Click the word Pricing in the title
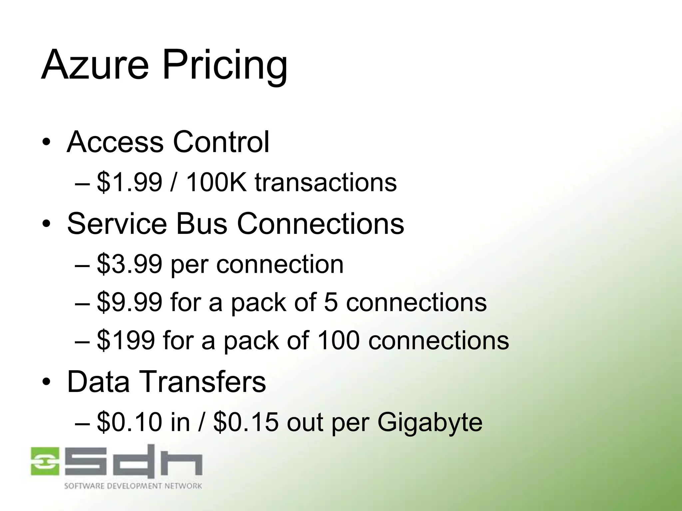tap(225, 67)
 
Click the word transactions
tap(326, 183)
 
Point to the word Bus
tap(201, 224)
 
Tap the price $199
tap(126, 340)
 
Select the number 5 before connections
tap(331, 302)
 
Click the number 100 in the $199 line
tap(338, 340)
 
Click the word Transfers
tap(205, 382)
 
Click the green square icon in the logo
tap(45, 461)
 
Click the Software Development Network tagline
tap(133, 486)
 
